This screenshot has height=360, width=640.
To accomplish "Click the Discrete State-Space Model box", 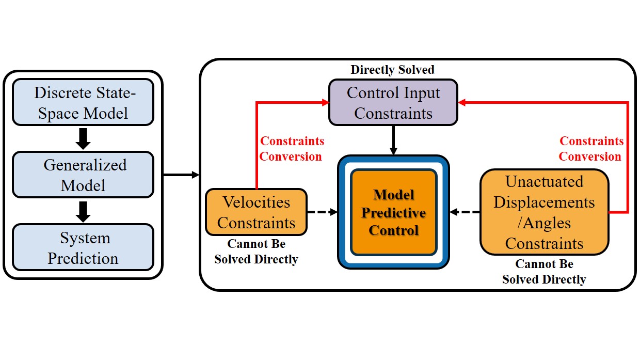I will (83, 102).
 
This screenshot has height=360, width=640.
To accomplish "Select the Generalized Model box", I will (83, 175).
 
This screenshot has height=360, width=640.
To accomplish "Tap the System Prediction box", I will (83, 247).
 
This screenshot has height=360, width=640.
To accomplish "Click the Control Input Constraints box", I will (393, 102).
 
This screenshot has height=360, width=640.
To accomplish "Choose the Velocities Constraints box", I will (256, 212).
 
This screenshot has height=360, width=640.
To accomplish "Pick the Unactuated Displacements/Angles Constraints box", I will (544, 212).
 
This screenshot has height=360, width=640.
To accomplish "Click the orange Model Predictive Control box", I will (393, 212).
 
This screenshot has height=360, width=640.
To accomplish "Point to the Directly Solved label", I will (393, 69).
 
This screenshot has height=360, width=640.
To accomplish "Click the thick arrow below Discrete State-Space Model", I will (83, 138).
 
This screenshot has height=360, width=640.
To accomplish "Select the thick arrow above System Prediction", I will (83, 211).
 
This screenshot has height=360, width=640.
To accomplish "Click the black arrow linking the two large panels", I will (181, 175).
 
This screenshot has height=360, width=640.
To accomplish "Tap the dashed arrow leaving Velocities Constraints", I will (323, 212).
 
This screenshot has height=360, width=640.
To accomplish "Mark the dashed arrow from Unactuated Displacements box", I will (465, 212).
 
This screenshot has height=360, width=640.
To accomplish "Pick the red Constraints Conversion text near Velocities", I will (292, 149).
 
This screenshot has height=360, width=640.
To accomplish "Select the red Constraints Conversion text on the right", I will (591, 149).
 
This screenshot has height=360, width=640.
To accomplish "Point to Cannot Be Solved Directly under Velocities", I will (256, 252).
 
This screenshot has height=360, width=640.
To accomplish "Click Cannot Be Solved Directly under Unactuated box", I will (544, 272).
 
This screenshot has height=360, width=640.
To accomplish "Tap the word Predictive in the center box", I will (393, 213).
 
